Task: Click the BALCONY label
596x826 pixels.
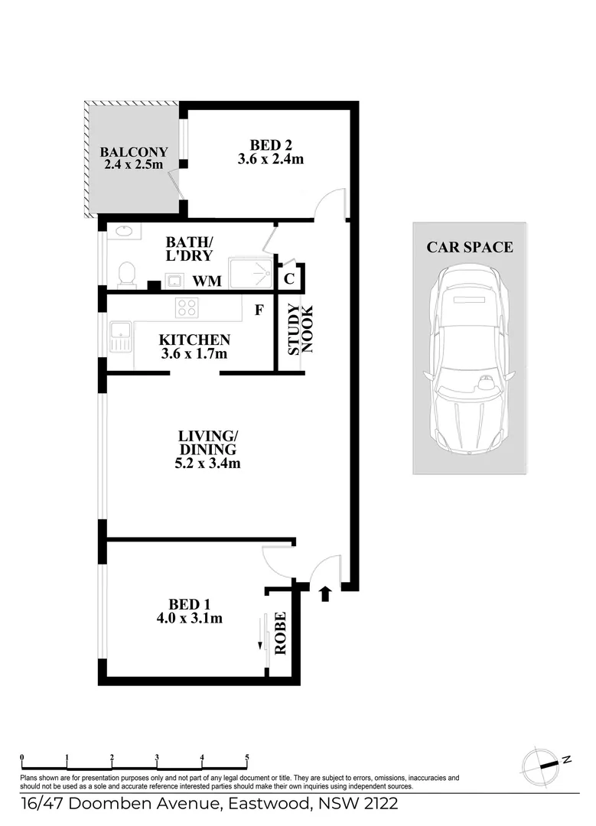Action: coord(134,152)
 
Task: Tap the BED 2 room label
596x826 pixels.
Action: coord(271,144)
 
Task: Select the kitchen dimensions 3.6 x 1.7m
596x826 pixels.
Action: coord(194,354)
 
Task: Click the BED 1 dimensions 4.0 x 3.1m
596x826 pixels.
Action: coord(190,618)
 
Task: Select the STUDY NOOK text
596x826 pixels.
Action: coord(301,330)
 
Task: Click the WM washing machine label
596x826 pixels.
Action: coord(207,281)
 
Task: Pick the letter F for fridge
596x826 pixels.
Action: coord(260,311)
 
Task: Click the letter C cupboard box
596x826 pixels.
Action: coord(289,278)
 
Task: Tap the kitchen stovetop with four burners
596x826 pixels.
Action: coord(187,307)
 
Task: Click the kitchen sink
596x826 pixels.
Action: coord(120,337)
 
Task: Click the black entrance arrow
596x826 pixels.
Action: coord(325,593)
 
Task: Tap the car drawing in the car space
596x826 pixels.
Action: coord(469,360)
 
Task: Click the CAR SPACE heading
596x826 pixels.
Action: coord(469,247)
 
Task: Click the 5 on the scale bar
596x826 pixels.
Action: coord(247,758)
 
